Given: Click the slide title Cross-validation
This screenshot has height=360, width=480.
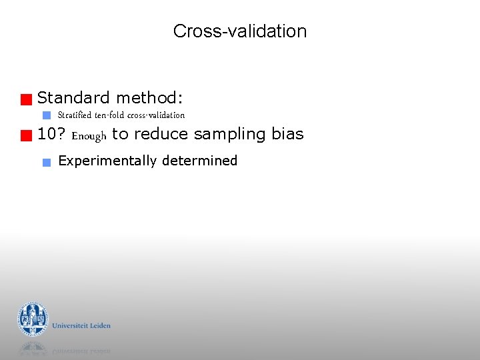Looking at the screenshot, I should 239,31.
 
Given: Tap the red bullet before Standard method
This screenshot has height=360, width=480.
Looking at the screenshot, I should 26,101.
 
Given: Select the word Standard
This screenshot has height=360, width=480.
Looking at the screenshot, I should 73,98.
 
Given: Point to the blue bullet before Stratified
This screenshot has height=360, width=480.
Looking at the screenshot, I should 47,115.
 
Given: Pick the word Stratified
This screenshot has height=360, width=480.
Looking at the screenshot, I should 75,115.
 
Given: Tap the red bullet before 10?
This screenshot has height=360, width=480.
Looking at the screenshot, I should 26,137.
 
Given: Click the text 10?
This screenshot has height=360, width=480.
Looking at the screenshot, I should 51,135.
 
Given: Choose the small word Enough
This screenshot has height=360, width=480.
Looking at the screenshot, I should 89,136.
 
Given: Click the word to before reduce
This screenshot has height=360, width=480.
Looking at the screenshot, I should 120,135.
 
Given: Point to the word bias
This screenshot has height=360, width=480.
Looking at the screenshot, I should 287,135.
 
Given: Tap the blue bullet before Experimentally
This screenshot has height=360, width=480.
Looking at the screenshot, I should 46,162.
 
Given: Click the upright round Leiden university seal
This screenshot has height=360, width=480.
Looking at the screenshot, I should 33,319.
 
